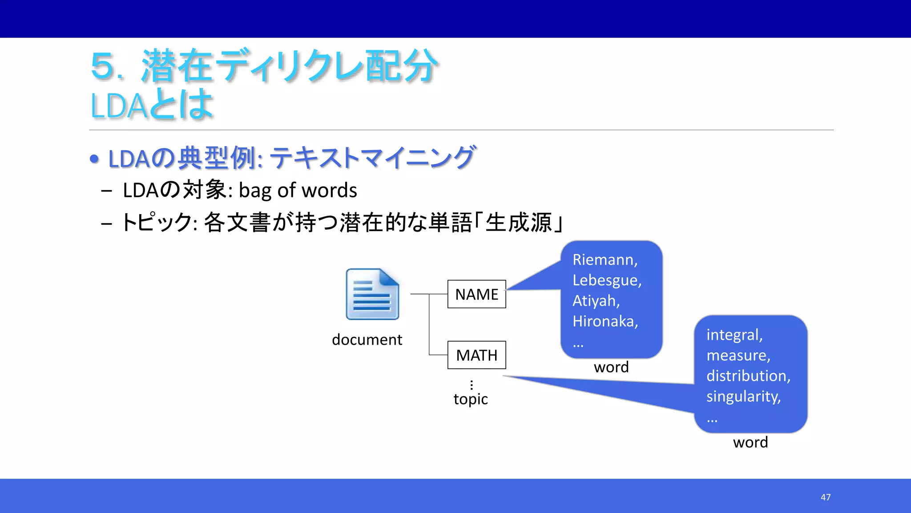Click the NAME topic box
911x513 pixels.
click(x=476, y=294)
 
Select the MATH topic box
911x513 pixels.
click(x=476, y=355)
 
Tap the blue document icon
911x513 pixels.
click(x=372, y=294)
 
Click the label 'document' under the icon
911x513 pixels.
click(x=367, y=340)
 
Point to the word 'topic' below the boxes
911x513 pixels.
click(x=471, y=399)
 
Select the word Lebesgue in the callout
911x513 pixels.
click(x=606, y=280)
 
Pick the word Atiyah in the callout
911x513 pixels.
click(x=596, y=301)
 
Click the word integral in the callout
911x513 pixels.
click(x=734, y=335)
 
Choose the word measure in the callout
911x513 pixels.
click(x=738, y=355)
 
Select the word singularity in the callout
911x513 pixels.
click(x=743, y=396)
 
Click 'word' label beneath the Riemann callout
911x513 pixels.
click(x=611, y=367)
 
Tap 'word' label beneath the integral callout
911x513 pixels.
click(x=750, y=443)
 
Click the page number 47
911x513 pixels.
click(x=826, y=497)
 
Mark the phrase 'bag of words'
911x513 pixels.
click(x=298, y=191)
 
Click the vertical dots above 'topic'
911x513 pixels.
click(x=472, y=385)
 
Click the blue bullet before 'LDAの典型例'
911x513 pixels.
click(x=94, y=159)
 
